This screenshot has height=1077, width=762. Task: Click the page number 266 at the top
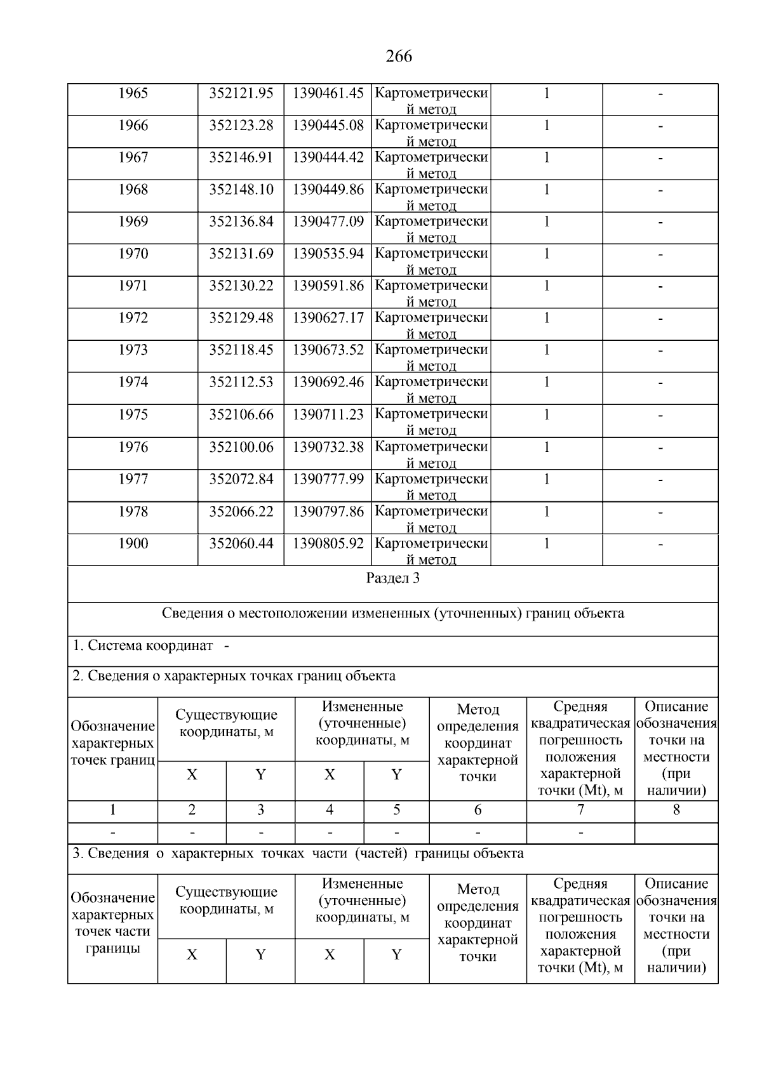click(x=398, y=56)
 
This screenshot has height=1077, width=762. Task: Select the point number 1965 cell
click(x=133, y=93)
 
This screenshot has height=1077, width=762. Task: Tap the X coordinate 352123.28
click(x=241, y=126)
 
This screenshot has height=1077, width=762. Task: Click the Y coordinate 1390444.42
click(x=328, y=157)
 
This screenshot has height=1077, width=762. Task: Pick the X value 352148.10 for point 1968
click(x=241, y=190)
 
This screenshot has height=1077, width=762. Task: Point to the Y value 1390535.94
click(x=328, y=254)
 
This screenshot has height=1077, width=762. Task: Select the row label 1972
click(x=133, y=318)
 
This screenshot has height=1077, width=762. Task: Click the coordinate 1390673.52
click(x=328, y=350)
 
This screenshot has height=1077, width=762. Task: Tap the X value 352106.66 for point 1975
click(x=241, y=414)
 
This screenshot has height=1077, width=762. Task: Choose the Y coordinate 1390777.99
click(x=328, y=479)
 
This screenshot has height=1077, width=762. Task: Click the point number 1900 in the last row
click(x=133, y=544)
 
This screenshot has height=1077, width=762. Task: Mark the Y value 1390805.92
click(x=328, y=544)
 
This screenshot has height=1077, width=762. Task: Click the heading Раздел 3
click(x=392, y=578)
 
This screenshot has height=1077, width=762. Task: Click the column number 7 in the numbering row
click(x=580, y=810)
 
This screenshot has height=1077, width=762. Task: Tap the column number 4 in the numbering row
click(x=330, y=810)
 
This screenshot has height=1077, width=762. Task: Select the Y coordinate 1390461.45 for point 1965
click(x=328, y=93)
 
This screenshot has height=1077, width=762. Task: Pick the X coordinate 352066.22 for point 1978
click(x=241, y=512)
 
